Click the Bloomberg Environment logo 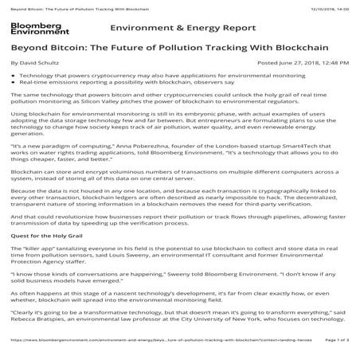coord(31,28)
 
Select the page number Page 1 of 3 coord(338,351)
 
